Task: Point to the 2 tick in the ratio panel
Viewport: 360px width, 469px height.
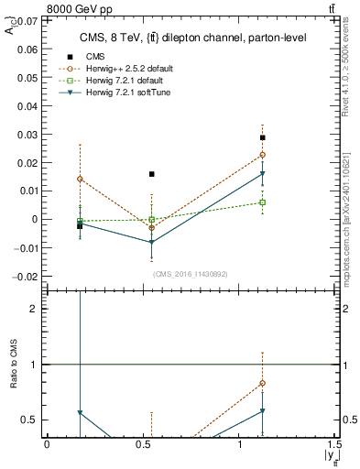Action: point(35,309)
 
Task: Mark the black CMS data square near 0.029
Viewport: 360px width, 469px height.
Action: point(262,137)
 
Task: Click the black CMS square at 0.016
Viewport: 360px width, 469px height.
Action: point(152,174)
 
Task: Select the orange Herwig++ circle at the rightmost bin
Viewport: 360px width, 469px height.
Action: point(262,155)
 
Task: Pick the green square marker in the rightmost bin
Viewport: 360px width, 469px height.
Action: point(262,202)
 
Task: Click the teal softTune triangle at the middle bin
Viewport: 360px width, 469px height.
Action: point(152,243)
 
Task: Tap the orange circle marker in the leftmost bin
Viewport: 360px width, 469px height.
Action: point(80,180)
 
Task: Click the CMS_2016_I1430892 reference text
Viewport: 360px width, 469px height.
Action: point(190,273)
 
